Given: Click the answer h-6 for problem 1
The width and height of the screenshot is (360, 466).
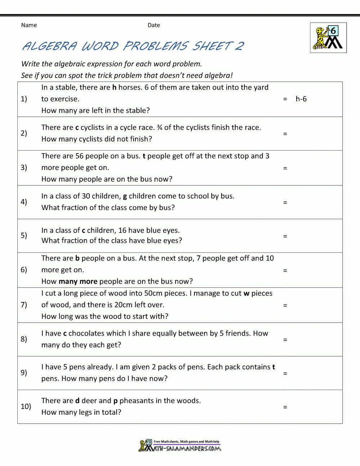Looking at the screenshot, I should [301, 99].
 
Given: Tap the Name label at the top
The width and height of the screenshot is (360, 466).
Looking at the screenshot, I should [29, 25].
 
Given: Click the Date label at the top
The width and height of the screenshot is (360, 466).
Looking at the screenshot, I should [154, 25].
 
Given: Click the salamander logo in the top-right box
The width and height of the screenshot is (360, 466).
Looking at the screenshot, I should [328, 38].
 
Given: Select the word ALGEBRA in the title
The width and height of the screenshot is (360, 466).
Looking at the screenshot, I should [50, 46].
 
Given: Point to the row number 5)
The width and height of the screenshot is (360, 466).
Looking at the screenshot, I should [24, 236].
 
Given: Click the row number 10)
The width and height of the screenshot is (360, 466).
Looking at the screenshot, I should [26, 407].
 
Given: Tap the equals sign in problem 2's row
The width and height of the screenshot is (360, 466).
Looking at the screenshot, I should [285, 134].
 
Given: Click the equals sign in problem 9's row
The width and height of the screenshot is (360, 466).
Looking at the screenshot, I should [285, 374].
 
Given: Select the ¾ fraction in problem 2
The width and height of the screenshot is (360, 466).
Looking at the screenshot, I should [159, 127].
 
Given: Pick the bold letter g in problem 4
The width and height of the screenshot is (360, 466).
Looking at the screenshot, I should [125, 197].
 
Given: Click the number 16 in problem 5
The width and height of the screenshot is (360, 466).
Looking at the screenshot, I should [122, 230].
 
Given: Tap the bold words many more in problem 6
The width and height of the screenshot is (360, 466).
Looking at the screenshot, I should [78, 281].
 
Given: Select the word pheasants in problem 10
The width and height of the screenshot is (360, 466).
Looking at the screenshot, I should [136, 401].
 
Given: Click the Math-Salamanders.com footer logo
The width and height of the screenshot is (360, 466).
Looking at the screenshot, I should [180, 446].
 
